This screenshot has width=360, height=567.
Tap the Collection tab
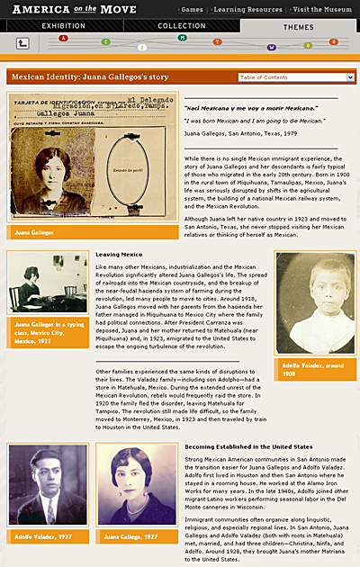click(180, 26)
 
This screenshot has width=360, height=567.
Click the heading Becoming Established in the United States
click(247, 446)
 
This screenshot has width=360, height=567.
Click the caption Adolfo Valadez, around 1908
click(314, 368)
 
